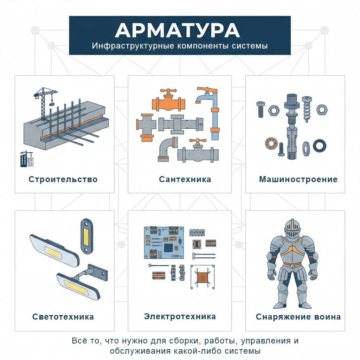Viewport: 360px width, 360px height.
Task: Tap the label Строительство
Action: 63,179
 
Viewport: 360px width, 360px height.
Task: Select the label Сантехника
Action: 185,179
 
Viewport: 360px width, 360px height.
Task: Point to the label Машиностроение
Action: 298,179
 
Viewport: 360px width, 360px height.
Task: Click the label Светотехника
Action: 63,317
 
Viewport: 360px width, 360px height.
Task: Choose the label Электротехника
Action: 180,316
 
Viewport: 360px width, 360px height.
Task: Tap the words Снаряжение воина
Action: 298,317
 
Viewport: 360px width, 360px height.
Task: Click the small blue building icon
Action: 26,159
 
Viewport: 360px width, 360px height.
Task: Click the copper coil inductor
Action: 202,276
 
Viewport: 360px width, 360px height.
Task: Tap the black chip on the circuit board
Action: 169,247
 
